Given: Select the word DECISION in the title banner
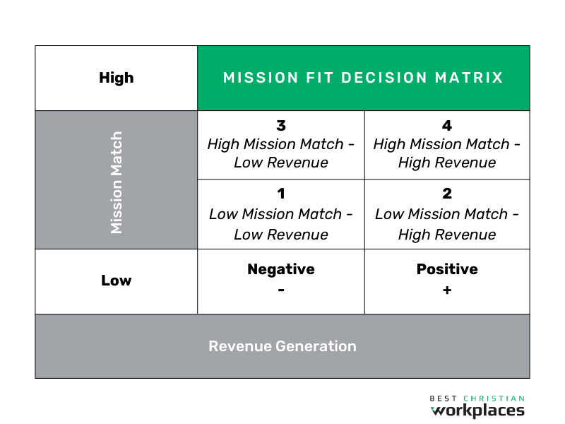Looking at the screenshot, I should tap(384, 78).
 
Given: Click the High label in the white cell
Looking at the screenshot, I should tap(117, 78).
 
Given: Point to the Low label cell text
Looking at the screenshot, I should tap(117, 281).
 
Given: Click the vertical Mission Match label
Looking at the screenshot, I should tap(117, 182).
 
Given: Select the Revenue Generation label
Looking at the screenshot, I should tap(282, 346).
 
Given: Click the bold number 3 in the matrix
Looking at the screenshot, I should tap(281, 126).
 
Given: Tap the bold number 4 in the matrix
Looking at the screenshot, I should tap(447, 126).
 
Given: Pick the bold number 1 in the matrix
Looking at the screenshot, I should tap(281, 194).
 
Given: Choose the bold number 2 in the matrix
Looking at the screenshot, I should tap(447, 194).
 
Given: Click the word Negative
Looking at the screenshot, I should tap(281, 269).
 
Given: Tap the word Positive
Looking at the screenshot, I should tap(447, 269).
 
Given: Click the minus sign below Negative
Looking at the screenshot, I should tap(281, 290).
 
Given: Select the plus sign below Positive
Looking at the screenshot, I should tap(447, 290).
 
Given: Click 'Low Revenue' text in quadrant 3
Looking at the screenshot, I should tap(281, 163).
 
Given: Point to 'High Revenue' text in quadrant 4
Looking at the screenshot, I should tap(447, 163).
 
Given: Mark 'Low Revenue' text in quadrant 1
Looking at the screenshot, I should tap(281, 235).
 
